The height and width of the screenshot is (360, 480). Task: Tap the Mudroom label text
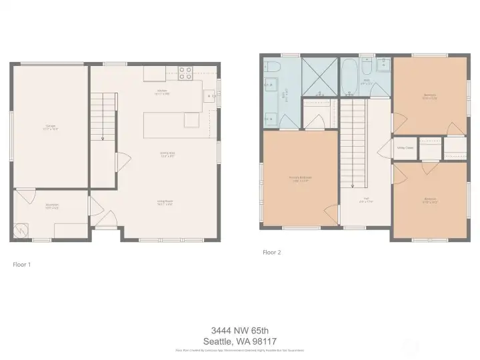point(52,205)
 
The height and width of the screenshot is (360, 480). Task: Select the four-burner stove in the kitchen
point(185,72)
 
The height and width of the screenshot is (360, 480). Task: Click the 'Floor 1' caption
point(22,265)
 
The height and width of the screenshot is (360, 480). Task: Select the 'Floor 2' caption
point(271,253)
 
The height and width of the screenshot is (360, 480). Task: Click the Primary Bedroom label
point(300,178)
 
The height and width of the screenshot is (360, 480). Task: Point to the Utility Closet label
point(405,148)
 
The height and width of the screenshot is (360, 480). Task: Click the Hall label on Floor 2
point(365,199)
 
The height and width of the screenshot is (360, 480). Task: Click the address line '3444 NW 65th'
point(239,329)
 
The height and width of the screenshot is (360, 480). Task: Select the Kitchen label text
point(162,91)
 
